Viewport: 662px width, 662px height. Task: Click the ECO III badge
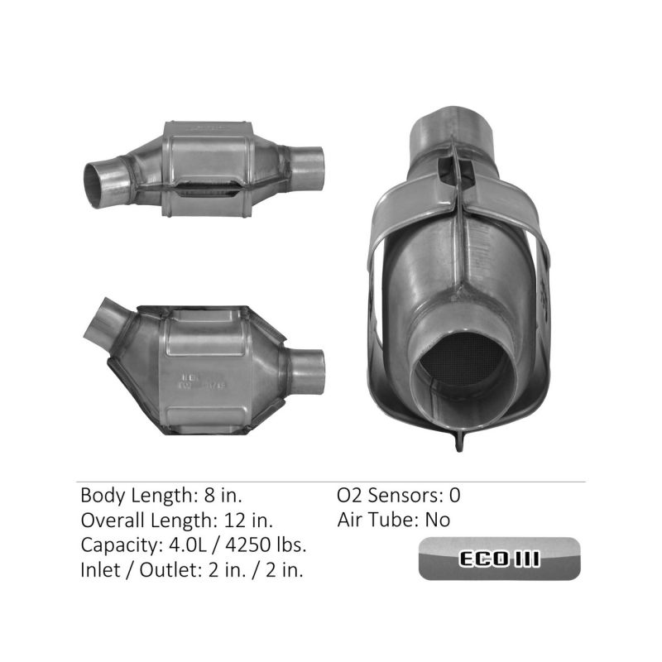pos(498,559)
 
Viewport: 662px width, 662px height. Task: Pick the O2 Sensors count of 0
pos(454,496)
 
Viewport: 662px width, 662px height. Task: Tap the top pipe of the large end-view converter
pos(455,124)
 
